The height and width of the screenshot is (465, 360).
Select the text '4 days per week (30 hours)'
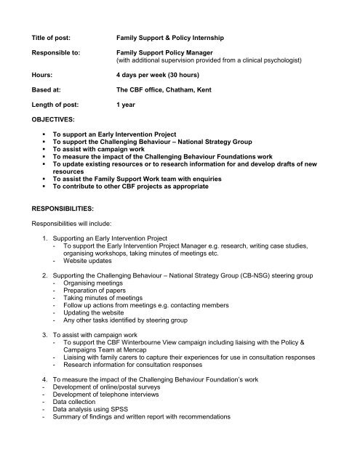click(x=160, y=73)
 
